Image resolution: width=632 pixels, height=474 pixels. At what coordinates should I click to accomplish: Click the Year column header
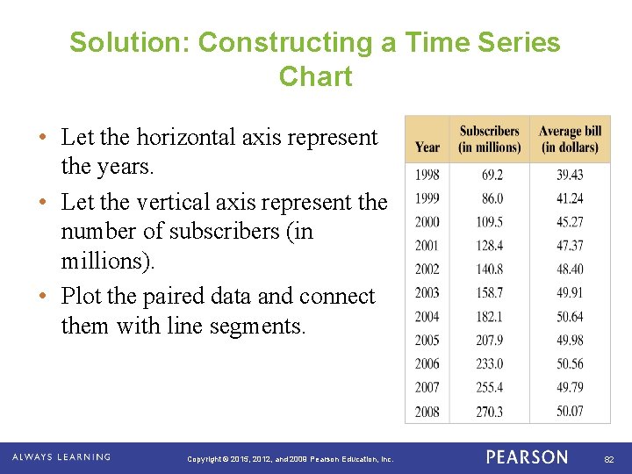[427, 147]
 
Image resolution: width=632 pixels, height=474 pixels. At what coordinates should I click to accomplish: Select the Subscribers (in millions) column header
[489, 139]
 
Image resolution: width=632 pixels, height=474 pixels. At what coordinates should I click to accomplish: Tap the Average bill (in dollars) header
[570, 139]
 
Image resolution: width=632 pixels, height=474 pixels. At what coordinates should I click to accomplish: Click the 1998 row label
[427, 175]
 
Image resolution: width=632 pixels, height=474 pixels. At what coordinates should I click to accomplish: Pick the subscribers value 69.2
[492, 175]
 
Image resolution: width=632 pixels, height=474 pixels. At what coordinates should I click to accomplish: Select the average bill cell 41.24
[570, 198]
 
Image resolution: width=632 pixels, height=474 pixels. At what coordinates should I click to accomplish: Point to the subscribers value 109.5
[490, 222]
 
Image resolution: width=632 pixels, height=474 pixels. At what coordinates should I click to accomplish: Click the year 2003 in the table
[427, 292]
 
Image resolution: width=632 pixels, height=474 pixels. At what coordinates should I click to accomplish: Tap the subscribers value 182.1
[490, 316]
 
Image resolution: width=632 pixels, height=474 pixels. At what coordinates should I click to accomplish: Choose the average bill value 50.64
[570, 316]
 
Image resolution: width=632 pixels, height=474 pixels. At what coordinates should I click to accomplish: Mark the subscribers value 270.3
[490, 411]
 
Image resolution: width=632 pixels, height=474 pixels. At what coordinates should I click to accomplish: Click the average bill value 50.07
[570, 411]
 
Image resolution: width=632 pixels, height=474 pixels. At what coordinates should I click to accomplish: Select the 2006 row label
[427, 363]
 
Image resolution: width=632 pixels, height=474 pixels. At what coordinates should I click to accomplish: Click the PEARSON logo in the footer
[527, 457]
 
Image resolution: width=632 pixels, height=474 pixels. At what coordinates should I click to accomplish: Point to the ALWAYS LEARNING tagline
[61, 457]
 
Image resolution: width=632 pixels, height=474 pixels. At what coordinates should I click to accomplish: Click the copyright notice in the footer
[291, 459]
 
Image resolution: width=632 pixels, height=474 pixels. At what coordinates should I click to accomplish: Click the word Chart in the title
[315, 76]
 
